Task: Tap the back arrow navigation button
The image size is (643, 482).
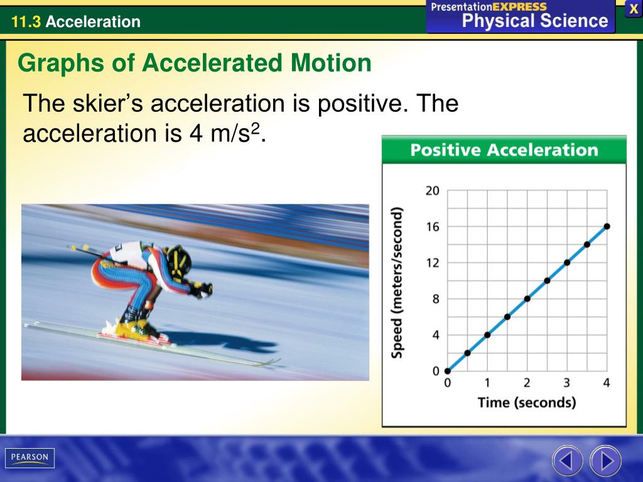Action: pos(566,462)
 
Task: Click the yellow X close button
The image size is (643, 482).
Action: pos(634,9)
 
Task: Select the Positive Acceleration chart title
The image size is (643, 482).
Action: pos(504,151)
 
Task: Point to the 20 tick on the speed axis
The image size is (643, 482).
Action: pos(433,191)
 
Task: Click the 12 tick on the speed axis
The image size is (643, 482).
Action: pos(433,262)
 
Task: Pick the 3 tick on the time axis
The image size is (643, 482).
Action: pos(566,383)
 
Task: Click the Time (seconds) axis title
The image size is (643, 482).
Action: pos(526,402)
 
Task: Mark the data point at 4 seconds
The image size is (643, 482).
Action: pos(607,227)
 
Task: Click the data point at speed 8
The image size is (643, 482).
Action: pos(527,299)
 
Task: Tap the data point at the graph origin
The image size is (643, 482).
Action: pos(447,371)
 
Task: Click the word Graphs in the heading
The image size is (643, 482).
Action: pos(55,63)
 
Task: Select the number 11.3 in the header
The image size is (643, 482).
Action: pos(26,23)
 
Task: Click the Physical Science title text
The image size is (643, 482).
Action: pos(535,21)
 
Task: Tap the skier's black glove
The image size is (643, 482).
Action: pos(202,290)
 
